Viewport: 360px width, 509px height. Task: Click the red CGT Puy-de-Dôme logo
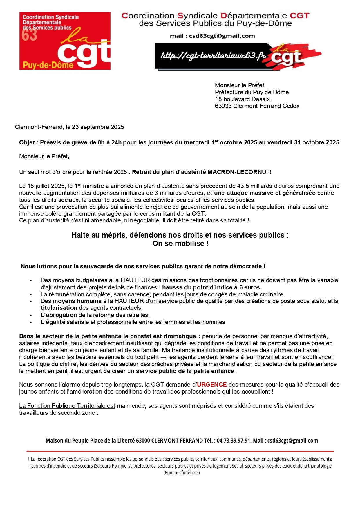[65, 41]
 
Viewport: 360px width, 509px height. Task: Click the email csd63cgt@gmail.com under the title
[222, 36]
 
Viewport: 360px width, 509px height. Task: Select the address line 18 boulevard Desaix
[242, 99]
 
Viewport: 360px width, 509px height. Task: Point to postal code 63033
[223, 106]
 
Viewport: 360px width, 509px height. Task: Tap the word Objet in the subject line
[27, 142]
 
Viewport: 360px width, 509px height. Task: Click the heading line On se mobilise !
[180, 244]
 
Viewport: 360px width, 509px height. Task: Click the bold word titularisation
[59, 308]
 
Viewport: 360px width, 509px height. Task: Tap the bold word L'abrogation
[59, 315]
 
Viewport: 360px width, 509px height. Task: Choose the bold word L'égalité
[53, 322]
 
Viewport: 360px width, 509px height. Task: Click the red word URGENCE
[212, 385]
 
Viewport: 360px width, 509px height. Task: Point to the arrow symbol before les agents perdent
[163, 357]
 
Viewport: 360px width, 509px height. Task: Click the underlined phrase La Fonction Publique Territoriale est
[67, 406]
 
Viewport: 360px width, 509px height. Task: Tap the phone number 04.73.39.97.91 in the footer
[234, 441]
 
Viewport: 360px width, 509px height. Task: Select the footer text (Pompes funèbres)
[182, 473]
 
